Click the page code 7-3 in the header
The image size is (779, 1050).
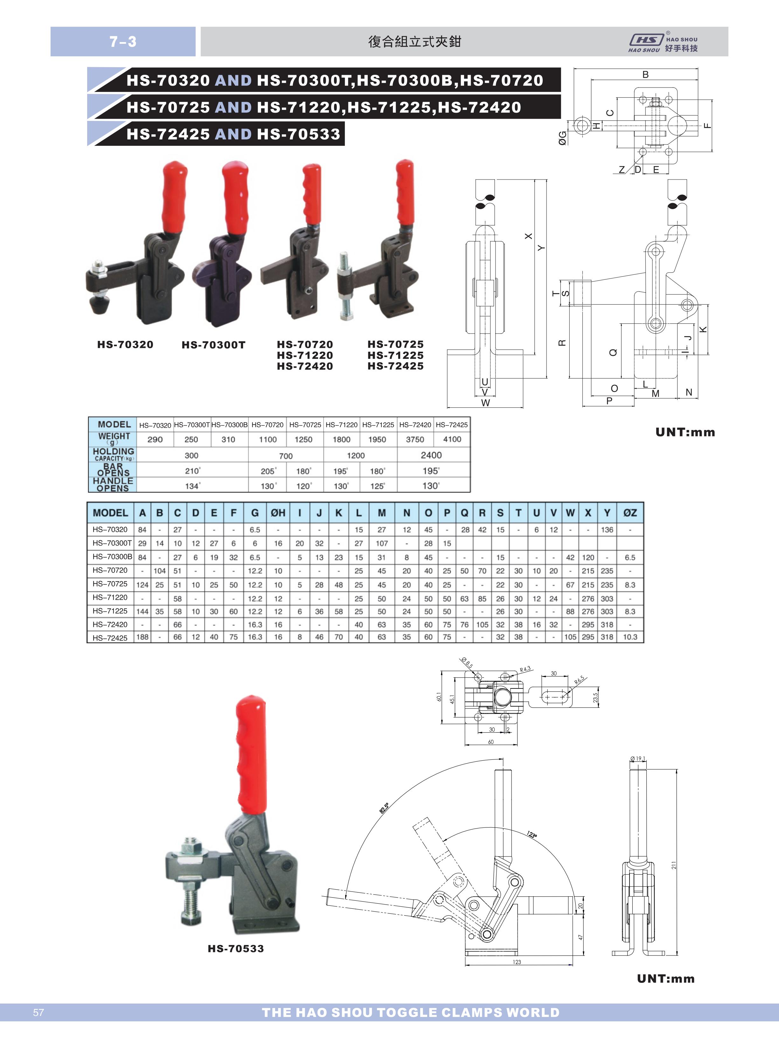click(123, 41)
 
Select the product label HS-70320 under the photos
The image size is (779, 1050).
click(125, 344)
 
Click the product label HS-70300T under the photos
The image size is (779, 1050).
click(214, 345)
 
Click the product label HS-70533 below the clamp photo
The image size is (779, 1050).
click(236, 948)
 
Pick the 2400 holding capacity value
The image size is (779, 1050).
click(431, 455)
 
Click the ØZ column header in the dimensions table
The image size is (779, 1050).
click(630, 513)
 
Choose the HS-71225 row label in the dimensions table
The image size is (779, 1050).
click(110, 611)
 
